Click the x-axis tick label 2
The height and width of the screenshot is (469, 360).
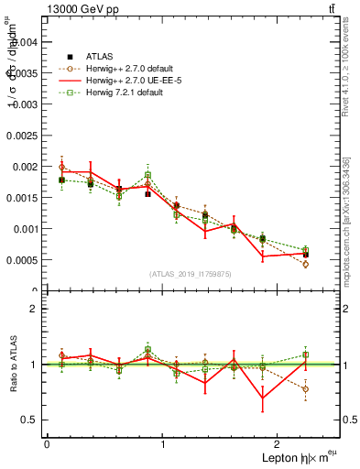click(x=277, y=444)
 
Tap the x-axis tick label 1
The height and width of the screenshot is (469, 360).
click(x=162, y=444)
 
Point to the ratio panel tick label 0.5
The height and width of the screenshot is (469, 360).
click(x=29, y=420)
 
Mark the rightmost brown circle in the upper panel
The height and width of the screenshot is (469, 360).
click(x=305, y=264)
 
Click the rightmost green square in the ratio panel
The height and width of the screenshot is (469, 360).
click(x=305, y=354)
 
